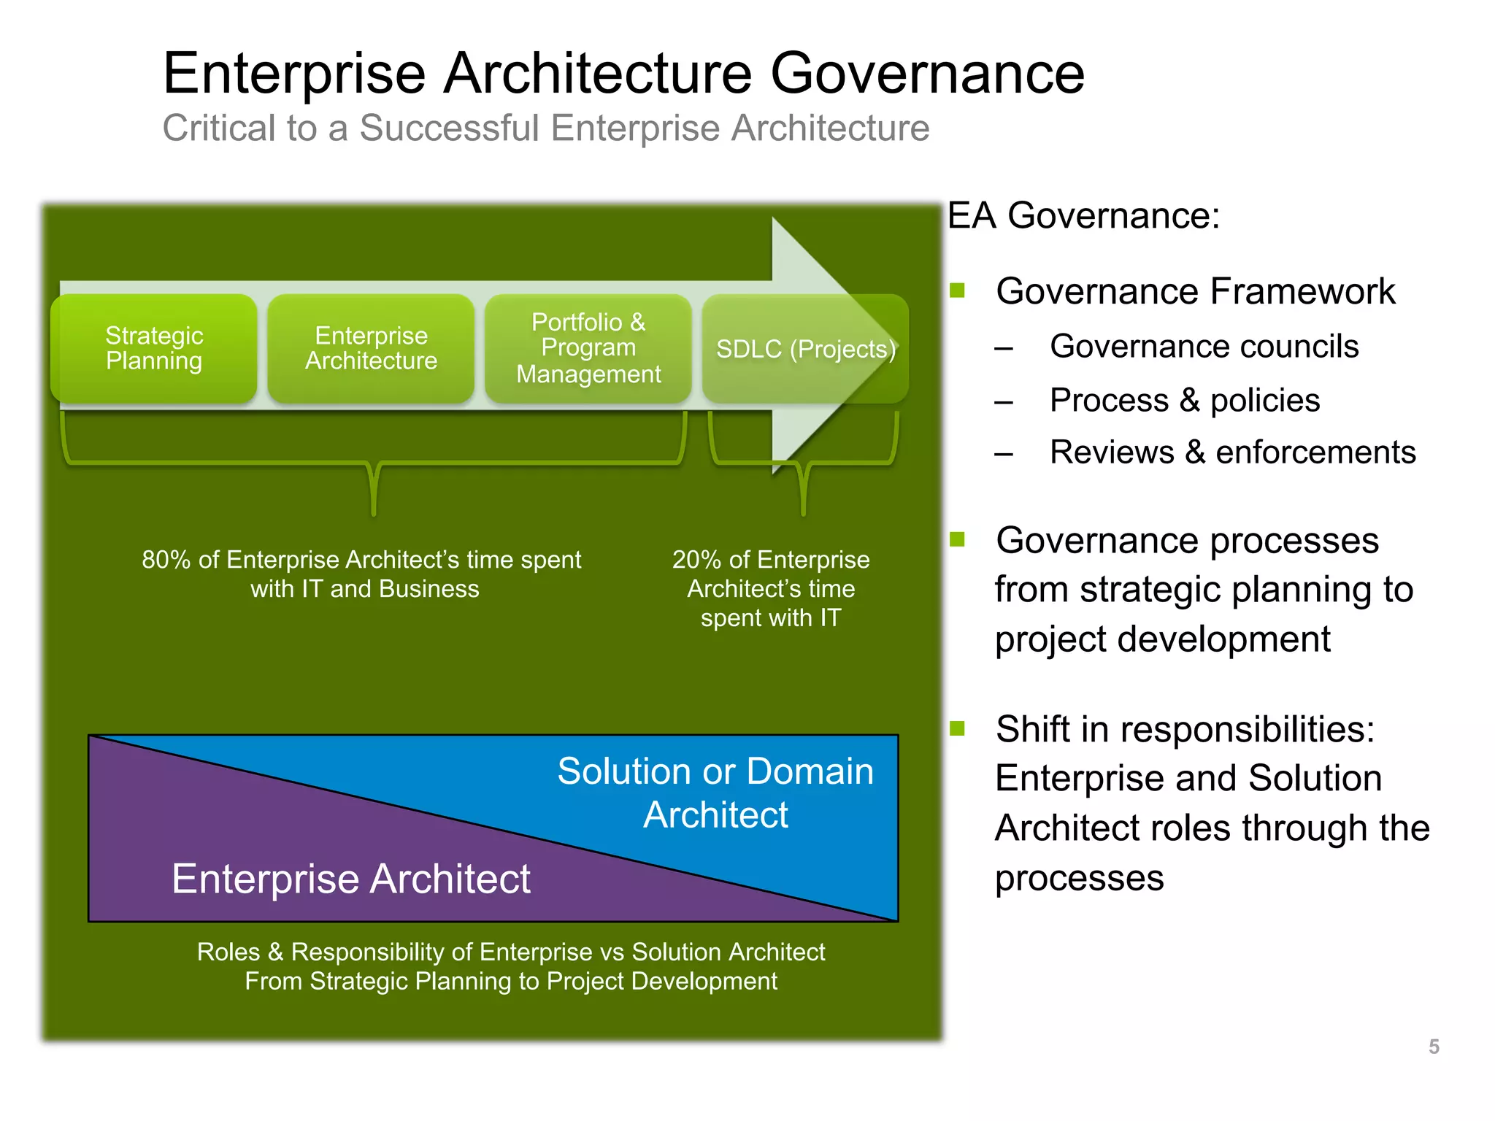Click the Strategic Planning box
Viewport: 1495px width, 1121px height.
[154, 348]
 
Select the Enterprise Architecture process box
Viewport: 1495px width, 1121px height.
[371, 348]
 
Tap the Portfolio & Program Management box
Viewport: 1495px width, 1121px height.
[588, 348]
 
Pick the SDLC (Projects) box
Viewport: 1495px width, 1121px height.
[805, 349]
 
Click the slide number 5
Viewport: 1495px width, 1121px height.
[1434, 1047]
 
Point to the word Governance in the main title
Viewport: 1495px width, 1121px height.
[927, 74]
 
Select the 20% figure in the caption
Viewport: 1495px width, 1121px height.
[697, 560]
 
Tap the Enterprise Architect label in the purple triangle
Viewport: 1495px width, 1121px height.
[350, 878]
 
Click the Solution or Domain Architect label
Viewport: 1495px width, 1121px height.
[715, 793]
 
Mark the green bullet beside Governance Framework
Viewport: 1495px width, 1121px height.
[958, 291]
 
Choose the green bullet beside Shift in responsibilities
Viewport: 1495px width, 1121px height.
[958, 728]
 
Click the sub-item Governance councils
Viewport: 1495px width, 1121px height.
[1204, 346]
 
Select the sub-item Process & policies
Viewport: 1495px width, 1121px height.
[1185, 400]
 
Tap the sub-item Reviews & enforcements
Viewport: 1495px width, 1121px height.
[1232, 452]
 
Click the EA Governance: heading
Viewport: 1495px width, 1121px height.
[1083, 216]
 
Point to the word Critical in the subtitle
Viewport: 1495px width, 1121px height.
[218, 128]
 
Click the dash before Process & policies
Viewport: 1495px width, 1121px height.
[1004, 401]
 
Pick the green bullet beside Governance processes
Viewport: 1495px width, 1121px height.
[958, 540]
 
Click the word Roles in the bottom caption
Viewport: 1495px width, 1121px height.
[228, 952]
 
